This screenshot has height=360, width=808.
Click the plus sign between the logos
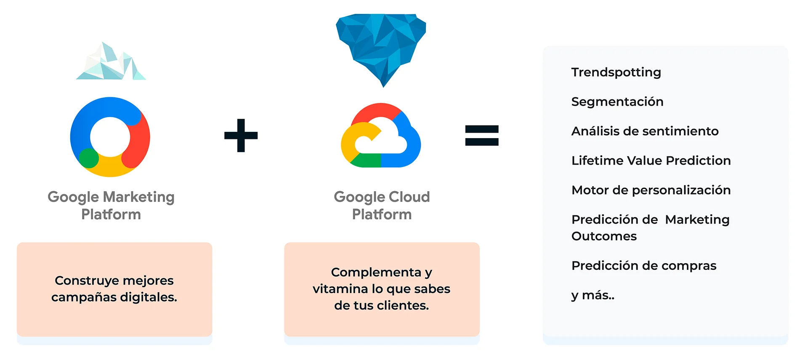[x=241, y=135]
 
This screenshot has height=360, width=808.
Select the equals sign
[x=481, y=135]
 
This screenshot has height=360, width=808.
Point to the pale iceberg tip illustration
[x=111, y=62]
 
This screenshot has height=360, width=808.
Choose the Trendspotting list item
[x=616, y=72]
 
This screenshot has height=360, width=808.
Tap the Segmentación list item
[x=617, y=102]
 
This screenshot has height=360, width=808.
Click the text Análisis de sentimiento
[x=645, y=131]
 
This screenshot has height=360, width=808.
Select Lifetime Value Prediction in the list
[x=651, y=161]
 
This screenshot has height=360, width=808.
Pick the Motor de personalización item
[x=651, y=190]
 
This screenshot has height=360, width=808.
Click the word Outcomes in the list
[x=604, y=236]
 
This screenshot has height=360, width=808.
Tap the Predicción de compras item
[x=644, y=266]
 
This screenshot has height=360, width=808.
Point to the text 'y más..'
[x=593, y=295]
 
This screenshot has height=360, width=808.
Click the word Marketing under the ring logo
[x=138, y=197]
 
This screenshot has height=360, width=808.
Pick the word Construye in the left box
[x=84, y=280]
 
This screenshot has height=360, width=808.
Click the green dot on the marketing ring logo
[x=89, y=158]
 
